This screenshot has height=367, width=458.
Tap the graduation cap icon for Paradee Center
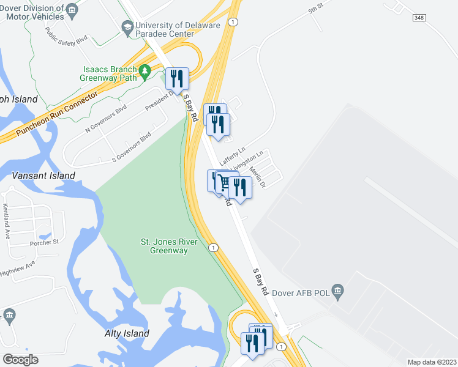127,27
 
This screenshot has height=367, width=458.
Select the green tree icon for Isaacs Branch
145,72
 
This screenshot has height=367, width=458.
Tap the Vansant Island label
43,176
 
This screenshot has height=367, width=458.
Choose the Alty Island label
126,333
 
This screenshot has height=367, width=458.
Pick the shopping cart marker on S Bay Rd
225,183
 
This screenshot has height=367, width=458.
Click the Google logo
20,359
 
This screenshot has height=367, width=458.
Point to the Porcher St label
43,242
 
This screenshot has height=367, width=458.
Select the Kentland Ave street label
7,212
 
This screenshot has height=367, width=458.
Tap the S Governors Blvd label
130,147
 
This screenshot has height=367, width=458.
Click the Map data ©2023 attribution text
431,362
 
